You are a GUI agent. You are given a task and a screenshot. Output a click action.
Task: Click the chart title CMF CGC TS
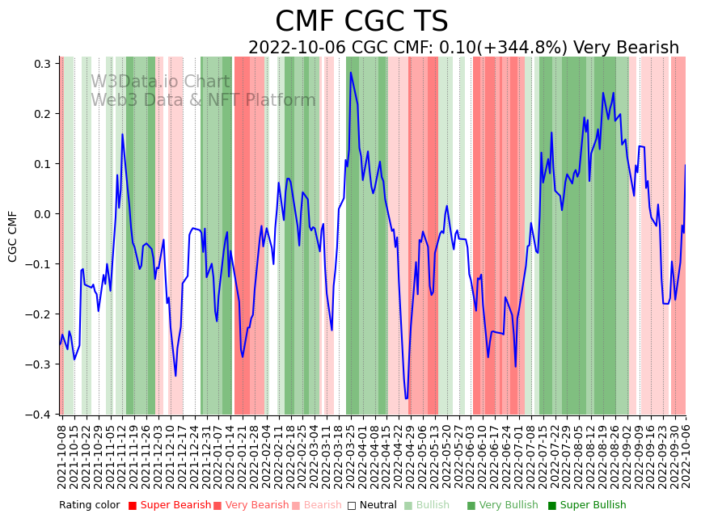(361, 22)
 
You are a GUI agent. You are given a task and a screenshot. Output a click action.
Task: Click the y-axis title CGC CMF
(13, 236)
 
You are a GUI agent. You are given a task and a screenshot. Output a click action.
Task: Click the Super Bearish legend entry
(171, 506)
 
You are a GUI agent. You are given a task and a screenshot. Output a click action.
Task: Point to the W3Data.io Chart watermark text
(160, 82)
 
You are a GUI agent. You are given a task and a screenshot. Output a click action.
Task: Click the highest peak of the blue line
(351, 73)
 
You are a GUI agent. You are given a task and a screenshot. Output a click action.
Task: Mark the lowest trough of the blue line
(406, 398)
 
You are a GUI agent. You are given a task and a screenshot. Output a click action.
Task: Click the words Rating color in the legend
(89, 506)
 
